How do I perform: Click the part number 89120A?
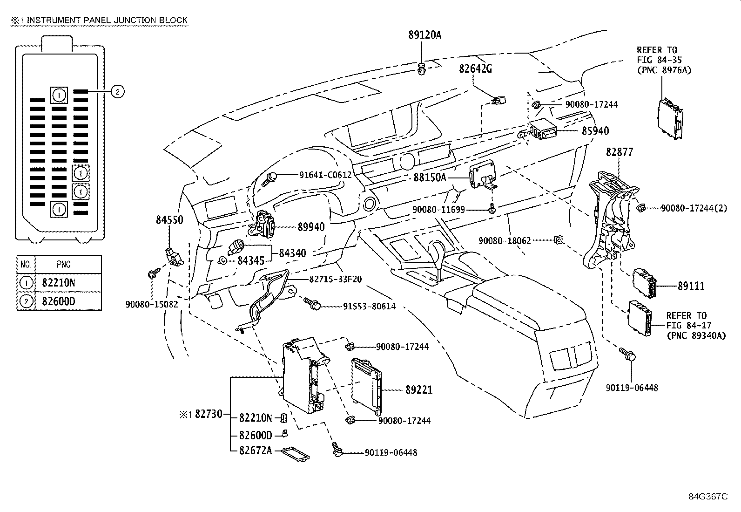425,35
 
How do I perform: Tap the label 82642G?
475,69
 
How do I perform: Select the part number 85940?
595,131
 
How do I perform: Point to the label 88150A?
430,178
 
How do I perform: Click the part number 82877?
620,152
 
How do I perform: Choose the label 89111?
691,286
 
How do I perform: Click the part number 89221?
419,390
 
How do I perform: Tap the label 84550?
169,220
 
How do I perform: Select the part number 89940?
311,227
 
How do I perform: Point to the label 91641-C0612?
325,175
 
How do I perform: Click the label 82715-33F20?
336,280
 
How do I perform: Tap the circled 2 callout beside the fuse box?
117,91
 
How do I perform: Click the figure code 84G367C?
708,497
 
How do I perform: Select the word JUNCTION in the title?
135,20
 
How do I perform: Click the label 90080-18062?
505,241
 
